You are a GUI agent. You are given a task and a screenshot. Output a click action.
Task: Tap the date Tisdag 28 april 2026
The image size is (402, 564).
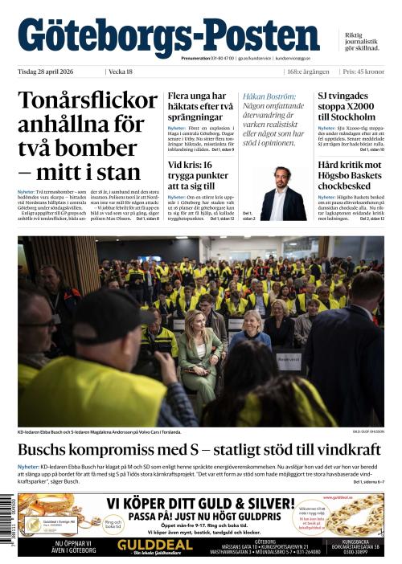[53, 72]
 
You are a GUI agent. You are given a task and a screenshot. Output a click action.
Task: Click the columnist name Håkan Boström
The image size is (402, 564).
[266, 96]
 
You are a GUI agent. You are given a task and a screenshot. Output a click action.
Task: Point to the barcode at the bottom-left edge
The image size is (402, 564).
[14, 522]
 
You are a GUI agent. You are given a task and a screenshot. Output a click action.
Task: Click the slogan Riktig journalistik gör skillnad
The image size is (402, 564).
[363, 42]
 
